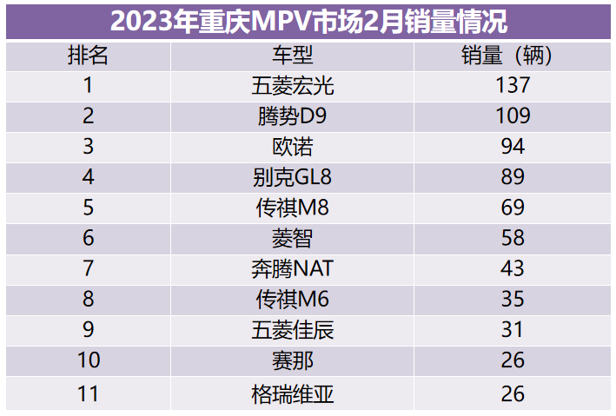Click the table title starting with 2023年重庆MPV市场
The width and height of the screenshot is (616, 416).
[308, 19]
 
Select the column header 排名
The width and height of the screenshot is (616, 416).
[88, 56]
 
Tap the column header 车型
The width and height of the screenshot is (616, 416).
[292, 56]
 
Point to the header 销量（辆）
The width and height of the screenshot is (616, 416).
[513, 56]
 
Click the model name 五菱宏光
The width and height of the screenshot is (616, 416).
[292, 86]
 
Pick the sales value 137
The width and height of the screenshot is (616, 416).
[513, 86]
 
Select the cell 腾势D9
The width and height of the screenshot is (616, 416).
[292, 116]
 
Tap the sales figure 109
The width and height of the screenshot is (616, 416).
[513, 116]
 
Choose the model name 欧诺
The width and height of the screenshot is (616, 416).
[292, 147]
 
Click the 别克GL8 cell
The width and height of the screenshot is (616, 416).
[292, 177]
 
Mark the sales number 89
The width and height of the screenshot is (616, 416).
[513, 177]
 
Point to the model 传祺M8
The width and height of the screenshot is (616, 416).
[292, 208]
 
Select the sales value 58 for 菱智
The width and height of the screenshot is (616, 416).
[513, 238]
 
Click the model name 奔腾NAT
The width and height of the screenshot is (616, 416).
[292, 268]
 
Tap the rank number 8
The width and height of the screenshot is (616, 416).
[88, 299]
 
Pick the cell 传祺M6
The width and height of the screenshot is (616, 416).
[292, 299]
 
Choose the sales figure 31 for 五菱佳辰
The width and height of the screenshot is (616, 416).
[513, 330]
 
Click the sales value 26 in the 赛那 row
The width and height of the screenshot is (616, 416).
[513, 360]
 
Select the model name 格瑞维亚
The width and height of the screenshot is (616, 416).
[292, 393]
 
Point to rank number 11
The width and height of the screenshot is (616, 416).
[88, 393]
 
